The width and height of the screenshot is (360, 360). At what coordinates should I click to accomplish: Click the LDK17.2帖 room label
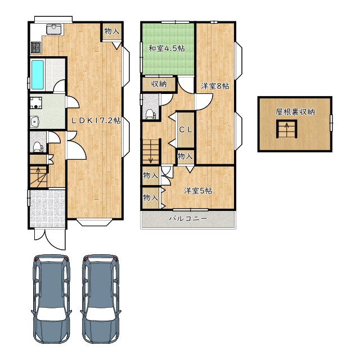(96, 121)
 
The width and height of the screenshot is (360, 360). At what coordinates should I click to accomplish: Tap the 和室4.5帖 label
(166, 49)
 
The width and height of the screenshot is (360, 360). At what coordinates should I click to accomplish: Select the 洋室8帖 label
(215, 86)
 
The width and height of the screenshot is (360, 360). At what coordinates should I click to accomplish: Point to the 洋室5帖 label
(198, 191)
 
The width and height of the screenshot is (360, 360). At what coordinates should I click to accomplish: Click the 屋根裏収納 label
(295, 112)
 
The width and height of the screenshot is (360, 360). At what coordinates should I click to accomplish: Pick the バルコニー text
(188, 218)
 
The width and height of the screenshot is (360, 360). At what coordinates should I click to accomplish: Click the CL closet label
(186, 130)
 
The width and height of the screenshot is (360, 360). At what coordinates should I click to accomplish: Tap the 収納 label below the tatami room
(159, 84)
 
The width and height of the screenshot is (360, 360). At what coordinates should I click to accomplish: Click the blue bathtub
(38, 75)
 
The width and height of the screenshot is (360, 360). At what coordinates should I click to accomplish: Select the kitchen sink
(54, 29)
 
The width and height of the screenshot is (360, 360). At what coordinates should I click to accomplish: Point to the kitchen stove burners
(36, 47)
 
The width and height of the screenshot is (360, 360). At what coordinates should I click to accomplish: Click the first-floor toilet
(37, 146)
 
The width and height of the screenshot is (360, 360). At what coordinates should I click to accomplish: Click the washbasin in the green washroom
(35, 121)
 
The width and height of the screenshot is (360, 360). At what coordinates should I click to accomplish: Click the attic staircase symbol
(286, 129)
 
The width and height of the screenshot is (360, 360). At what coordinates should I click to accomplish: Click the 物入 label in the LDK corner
(112, 31)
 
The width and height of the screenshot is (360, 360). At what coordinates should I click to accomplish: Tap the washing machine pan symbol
(36, 102)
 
